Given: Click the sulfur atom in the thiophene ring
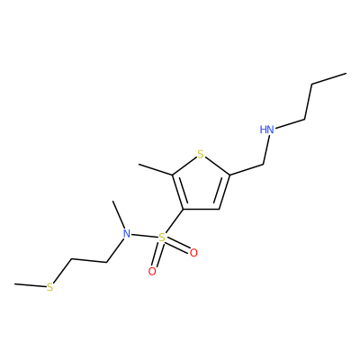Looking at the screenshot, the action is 201,155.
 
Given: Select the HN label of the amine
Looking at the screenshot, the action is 266,130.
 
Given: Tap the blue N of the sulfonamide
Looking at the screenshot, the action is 127,234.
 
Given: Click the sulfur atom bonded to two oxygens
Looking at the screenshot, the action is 162,238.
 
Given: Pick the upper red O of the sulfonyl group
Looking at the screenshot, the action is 193,253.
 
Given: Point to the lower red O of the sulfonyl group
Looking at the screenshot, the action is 152,272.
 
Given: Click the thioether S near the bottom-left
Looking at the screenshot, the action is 49,287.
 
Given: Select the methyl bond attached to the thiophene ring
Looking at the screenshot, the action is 156,169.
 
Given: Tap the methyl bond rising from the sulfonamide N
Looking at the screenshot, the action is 119,214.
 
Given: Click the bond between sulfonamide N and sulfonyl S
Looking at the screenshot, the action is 145,236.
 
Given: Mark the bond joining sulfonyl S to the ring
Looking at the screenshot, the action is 174,221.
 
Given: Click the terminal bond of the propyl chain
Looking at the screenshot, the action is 329,79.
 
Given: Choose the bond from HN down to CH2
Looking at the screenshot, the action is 266,149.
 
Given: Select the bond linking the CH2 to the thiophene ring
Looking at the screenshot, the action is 246,169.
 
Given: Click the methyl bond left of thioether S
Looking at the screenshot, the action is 30,285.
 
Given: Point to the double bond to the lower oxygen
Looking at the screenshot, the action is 157,255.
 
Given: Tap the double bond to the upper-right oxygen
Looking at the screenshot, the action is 178,245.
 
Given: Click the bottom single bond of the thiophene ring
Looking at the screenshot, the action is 202,209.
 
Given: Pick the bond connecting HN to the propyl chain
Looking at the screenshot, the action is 290,125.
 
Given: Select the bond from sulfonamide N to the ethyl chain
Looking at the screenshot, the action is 115,251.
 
